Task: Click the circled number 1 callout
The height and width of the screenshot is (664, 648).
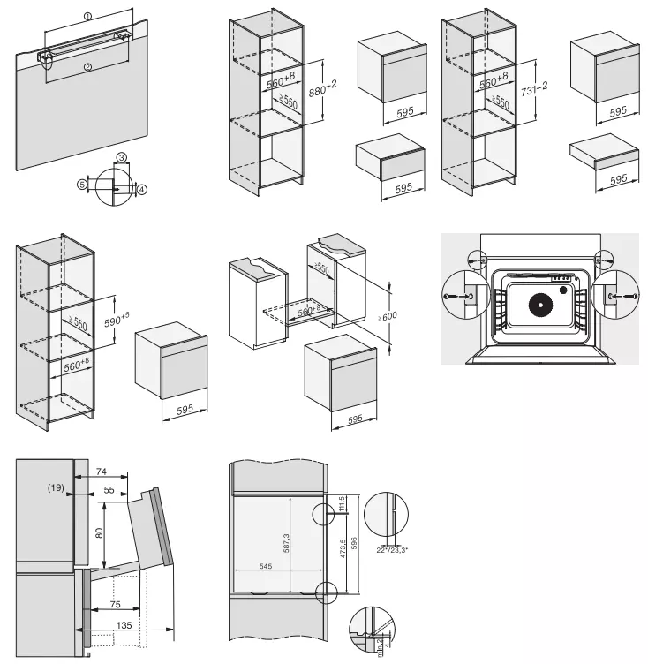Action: point(87,16)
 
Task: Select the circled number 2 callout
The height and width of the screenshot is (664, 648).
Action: point(87,66)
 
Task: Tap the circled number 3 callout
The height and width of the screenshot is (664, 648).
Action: point(122,157)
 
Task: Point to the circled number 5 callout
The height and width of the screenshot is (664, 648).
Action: point(82,185)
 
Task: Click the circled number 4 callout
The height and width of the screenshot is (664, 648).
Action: point(141,190)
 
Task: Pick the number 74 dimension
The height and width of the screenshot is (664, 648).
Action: point(102,471)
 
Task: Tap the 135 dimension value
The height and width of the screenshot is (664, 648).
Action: point(125,624)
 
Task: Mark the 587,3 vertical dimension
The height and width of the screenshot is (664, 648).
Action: point(286,544)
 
